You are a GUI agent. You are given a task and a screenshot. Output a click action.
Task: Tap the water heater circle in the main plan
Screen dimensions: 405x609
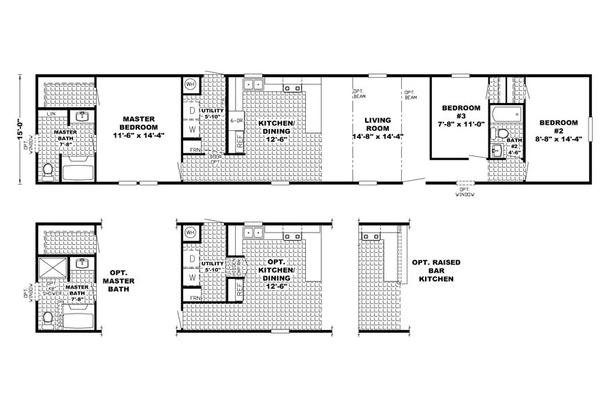click(190, 85)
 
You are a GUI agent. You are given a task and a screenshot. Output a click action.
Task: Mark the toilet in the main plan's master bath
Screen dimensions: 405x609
click(48, 169)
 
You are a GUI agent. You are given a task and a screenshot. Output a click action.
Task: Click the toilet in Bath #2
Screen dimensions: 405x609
click(503, 133)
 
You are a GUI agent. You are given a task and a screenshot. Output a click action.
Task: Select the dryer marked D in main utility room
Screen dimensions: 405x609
click(192, 110)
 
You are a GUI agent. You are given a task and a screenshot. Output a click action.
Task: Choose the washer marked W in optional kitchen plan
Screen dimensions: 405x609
click(192, 278)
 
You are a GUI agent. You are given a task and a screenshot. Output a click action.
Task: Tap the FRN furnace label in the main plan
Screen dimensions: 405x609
click(195, 149)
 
